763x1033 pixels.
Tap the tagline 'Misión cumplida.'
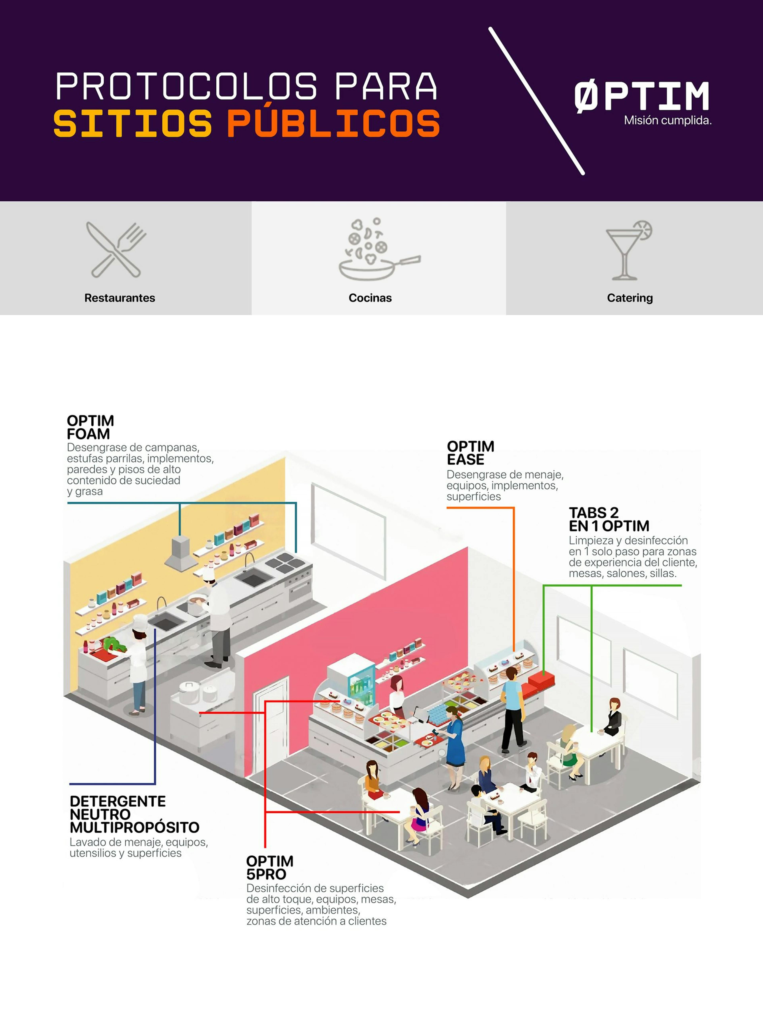click(x=667, y=121)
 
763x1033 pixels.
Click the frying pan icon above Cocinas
click(x=380, y=249)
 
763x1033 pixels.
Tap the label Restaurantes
click(x=120, y=298)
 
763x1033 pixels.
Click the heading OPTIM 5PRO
click(x=270, y=868)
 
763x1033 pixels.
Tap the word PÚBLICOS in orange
click(x=333, y=121)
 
